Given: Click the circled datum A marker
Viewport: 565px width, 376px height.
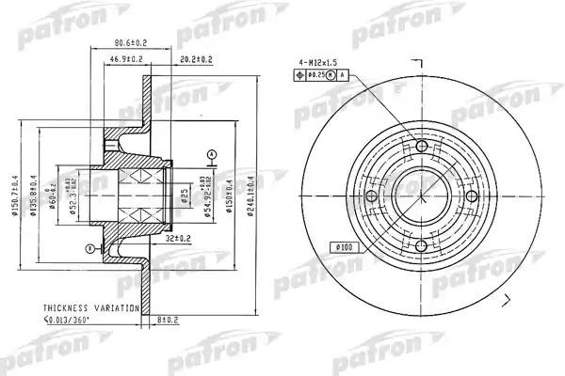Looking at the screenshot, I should point(213,153).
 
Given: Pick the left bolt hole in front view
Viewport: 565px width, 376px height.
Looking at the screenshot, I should point(370,196).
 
